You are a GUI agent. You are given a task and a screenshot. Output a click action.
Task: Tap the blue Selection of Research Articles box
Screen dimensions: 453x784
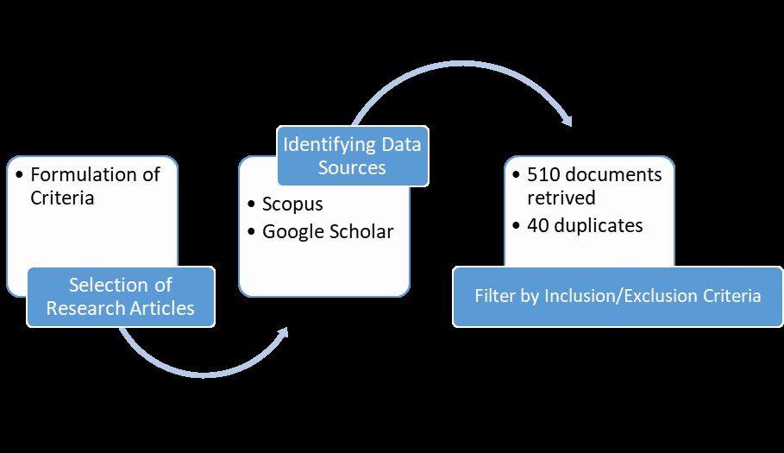tap(121, 296)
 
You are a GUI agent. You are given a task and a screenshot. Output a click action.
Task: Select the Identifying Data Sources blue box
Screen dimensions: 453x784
tap(352, 154)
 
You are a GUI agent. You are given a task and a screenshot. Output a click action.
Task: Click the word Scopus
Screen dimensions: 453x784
tap(292, 205)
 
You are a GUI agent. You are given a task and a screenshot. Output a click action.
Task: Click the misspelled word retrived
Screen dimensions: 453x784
tap(561, 198)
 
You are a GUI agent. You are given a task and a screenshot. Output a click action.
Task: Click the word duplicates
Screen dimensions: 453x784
tap(599, 225)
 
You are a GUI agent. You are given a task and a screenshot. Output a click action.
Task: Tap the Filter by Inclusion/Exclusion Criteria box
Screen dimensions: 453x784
tap(618, 296)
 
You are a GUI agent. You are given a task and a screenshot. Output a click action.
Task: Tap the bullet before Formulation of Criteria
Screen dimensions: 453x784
tap(19, 175)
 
